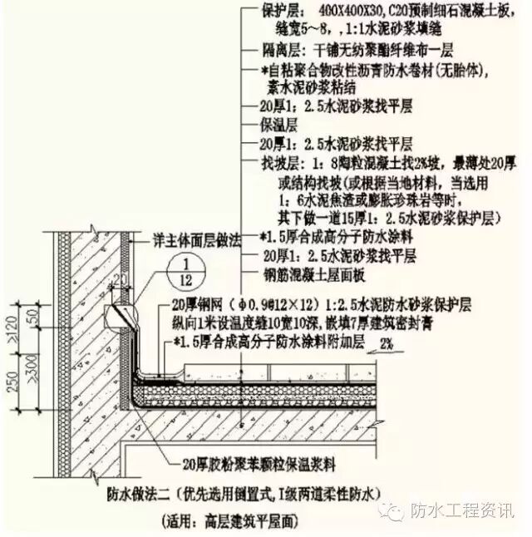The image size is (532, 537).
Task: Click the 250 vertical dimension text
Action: click(9, 378)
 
